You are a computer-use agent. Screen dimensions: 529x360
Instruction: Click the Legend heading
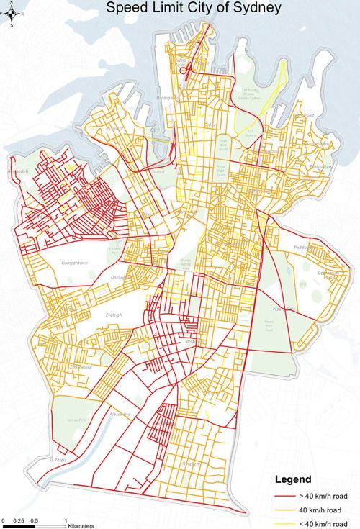click(x=293, y=479)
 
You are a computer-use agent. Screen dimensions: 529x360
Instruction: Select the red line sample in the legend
click(x=285, y=496)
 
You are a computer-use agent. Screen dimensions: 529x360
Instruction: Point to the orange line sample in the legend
click(x=285, y=509)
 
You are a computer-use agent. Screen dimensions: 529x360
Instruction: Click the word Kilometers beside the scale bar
click(x=81, y=525)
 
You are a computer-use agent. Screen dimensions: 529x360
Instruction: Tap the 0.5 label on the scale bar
click(x=35, y=519)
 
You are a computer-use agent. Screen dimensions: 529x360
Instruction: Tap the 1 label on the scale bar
click(x=66, y=519)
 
